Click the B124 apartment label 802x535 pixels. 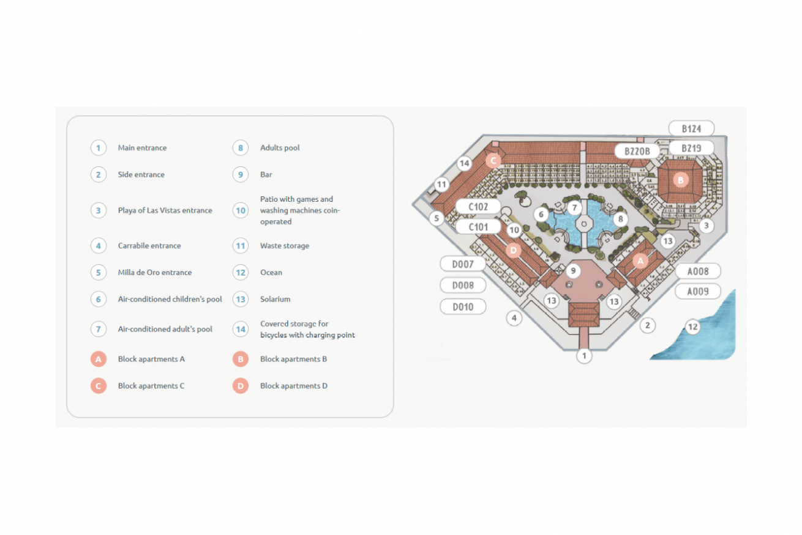pyautogui.click(x=691, y=128)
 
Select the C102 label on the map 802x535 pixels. pyautogui.click(x=478, y=207)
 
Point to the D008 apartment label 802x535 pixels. pyautogui.click(x=463, y=286)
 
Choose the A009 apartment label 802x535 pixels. pyautogui.click(x=697, y=292)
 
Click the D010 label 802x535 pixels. pyautogui.click(x=463, y=307)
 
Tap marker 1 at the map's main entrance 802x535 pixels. pyautogui.click(x=584, y=355)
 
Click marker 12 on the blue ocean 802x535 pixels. pyautogui.click(x=692, y=327)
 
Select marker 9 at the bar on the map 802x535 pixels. pyautogui.click(x=573, y=270)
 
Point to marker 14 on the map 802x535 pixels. pyautogui.click(x=464, y=163)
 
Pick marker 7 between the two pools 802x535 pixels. pyautogui.click(x=574, y=207)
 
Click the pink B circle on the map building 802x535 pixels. pyautogui.click(x=680, y=180)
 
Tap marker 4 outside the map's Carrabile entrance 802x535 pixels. pyautogui.click(x=514, y=318)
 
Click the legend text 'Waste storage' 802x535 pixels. pyautogui.click(x=285, y=246)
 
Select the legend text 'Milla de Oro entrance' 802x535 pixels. pyautogui.click(x=155, y=273)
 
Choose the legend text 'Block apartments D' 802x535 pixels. pyautogui.click(x=294, y=386)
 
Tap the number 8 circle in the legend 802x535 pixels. pyautogui.click(x=241, y=148)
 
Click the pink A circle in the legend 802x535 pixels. pyautogui.click(x=99, y=360)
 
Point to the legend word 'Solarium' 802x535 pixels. pyautogui.click(x=275, y=300)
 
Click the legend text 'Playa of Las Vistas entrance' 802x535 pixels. pyautogui.click(x=165, y=210)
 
